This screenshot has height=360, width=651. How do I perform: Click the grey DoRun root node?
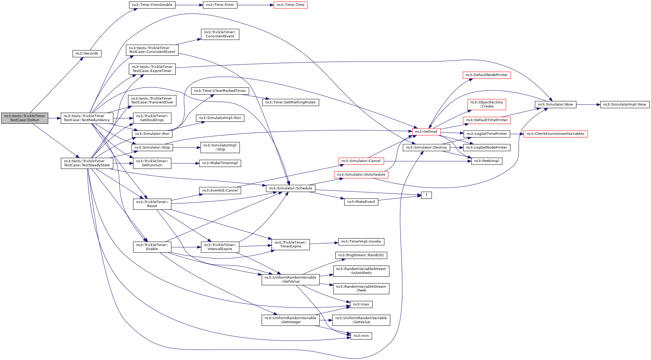(x=25, y=118)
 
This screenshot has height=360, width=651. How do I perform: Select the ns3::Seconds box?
(x=87, y=53)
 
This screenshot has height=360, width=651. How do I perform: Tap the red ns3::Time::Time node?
(x=290, y=5)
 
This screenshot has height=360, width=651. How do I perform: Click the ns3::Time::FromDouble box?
(x=152, y=5)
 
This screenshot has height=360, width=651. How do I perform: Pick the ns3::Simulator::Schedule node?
(x=290, y=188)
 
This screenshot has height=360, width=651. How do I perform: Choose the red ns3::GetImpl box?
(x=426, y=132)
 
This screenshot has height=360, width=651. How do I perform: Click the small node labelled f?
(x=426, y=195)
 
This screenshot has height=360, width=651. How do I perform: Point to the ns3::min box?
(x=361, y=336)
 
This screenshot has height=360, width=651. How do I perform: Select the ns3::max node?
(x=361, y=304)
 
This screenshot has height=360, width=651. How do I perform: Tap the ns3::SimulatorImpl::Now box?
(x=625, y=105)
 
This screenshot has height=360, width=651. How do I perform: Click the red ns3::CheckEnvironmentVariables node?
(x=555, y=134)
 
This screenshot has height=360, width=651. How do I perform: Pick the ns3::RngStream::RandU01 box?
(x=361, y=255)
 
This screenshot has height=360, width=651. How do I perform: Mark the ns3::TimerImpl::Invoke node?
(x=361, y=242)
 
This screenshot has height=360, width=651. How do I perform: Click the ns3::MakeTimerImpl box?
(x=220, y=163)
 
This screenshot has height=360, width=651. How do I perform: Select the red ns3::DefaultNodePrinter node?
(x=487, y=75)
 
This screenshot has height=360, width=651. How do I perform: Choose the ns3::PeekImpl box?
(x=487, y=161)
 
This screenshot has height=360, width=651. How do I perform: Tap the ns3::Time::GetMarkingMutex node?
(x=290, y=102)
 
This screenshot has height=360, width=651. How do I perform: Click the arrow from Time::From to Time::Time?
(x=256, y=5)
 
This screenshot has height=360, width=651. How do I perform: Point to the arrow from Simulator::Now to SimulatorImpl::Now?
(x=588, y=105)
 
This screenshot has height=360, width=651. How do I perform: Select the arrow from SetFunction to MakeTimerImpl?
(x=185, y=163)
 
